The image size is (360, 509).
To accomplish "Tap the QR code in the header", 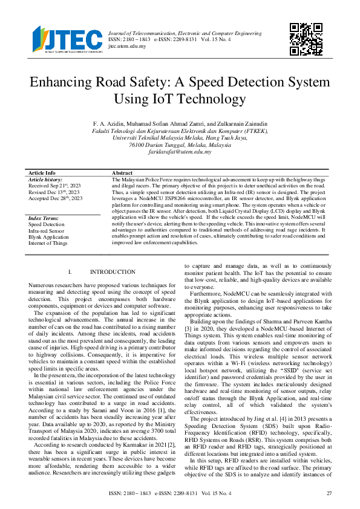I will [x=305, y=39].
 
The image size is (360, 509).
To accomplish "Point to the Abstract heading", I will [x=123, y=173].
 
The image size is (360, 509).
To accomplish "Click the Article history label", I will [x=46, y=180].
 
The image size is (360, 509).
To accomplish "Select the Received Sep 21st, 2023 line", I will [x=55, y=186].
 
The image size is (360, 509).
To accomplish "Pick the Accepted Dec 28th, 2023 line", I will [x=56, y=198].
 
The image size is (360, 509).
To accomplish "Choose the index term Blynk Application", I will [x=48, y=237].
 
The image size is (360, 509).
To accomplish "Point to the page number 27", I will [x=329, y=493].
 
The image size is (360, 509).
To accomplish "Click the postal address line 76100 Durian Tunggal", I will [x=180, y=146].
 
